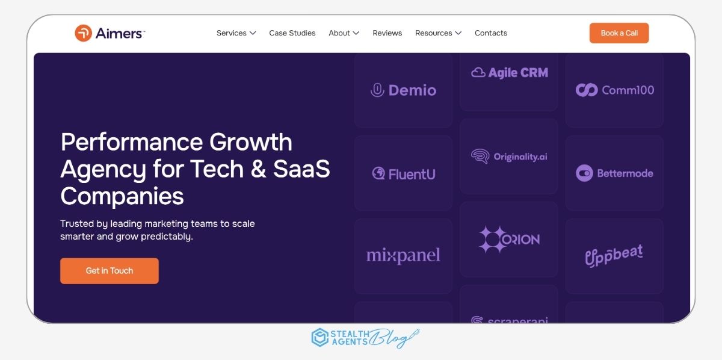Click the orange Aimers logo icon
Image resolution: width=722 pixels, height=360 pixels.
tap(83, 33)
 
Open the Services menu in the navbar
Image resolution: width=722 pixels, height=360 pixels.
tap(236, 33)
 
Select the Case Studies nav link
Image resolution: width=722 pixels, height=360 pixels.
tap(292, 33)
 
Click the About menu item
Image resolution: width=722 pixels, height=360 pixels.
tap(344, 33)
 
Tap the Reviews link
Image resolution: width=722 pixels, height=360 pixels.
tap(387, 33)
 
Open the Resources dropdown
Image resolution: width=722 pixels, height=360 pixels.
tap(438, 33)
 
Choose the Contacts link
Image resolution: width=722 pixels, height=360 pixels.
tap(490, 33)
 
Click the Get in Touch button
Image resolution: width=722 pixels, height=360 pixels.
tap(110, 271)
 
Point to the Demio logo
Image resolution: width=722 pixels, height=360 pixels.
tap(403, 90)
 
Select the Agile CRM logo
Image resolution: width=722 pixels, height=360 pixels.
tap(509, 73)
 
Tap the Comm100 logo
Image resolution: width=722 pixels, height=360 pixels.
tap(615, 90)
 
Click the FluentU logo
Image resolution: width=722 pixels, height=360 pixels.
tap(404, 174)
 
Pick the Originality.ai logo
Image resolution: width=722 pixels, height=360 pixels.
tap(509, 157)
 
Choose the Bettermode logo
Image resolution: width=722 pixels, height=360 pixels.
tap(614, 173)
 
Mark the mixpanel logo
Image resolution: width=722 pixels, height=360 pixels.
tap(403, 255)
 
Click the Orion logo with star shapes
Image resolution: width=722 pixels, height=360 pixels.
tap(509, 240)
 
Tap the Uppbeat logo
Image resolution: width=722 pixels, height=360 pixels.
tap(614, 256)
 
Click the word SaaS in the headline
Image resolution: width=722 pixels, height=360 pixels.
tap(301, 169)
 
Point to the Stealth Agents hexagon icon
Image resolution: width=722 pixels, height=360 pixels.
tap(319, 337)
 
